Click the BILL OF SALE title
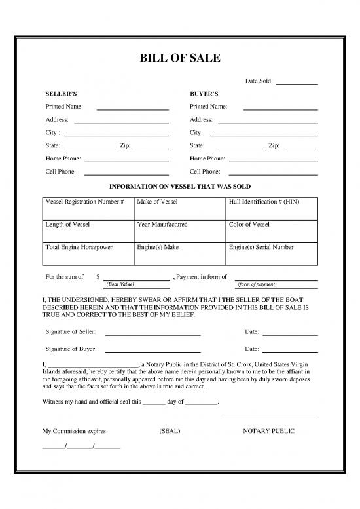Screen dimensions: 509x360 tap(180, 58)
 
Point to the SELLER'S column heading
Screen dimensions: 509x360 tap(60, 94)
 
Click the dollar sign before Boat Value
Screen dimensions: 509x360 tap(98, 277)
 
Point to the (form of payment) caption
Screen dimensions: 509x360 tap(257, 284)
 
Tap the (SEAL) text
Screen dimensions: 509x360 tap(170, 431)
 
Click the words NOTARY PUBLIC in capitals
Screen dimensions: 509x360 tap(268, 431)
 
